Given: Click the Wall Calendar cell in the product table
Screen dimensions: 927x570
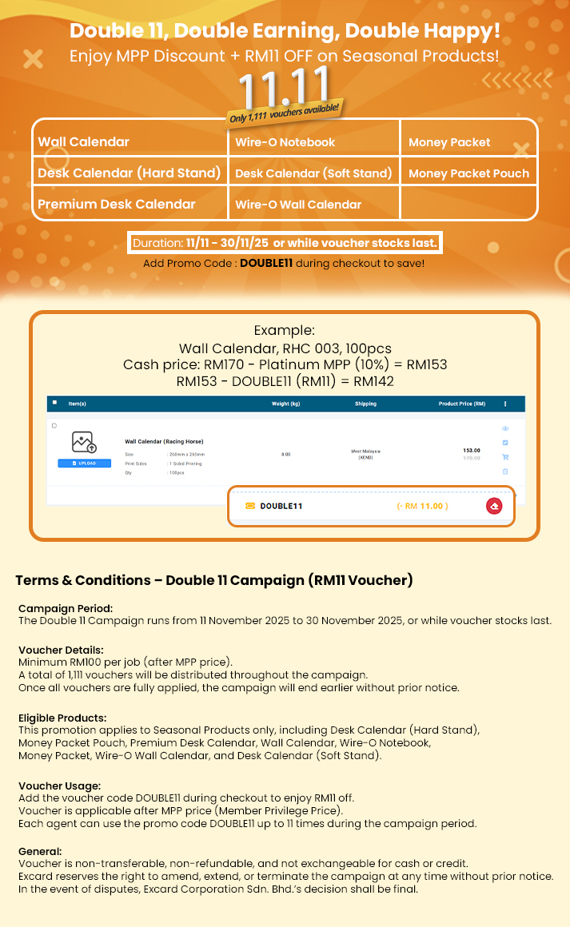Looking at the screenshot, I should click(83, 142).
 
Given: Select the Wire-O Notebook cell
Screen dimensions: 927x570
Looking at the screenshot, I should click(285, 142).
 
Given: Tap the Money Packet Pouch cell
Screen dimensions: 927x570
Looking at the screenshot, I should click(468, 173).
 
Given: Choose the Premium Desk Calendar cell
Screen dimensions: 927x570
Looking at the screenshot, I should click(116, 205).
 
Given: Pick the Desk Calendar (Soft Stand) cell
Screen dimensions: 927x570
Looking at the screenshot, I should click(313, 173).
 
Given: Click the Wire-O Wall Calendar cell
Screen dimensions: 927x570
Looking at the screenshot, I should click(298, 205).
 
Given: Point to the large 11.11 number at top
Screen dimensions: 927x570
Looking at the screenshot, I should click(284, 86).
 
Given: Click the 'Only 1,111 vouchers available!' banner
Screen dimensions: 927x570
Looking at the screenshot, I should click(285, 113).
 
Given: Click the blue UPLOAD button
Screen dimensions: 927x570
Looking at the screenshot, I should click(84, 463).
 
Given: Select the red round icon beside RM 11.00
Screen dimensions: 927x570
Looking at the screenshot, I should click(494, 506).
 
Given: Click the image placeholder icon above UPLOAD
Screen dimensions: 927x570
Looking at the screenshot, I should click(84, 443).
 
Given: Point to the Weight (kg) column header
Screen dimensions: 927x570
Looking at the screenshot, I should click(285, 404).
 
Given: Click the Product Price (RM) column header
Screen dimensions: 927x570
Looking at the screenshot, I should click(461, 404).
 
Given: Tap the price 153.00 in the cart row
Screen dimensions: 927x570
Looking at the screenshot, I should click(472, 451).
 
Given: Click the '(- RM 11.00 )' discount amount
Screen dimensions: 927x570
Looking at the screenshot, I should click(422, 506).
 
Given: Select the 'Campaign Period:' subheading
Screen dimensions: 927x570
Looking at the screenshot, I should click(66, 608).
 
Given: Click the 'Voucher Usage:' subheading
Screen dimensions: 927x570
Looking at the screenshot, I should click(59, 786).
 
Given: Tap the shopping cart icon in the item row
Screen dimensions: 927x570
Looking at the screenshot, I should click(505, 457).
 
